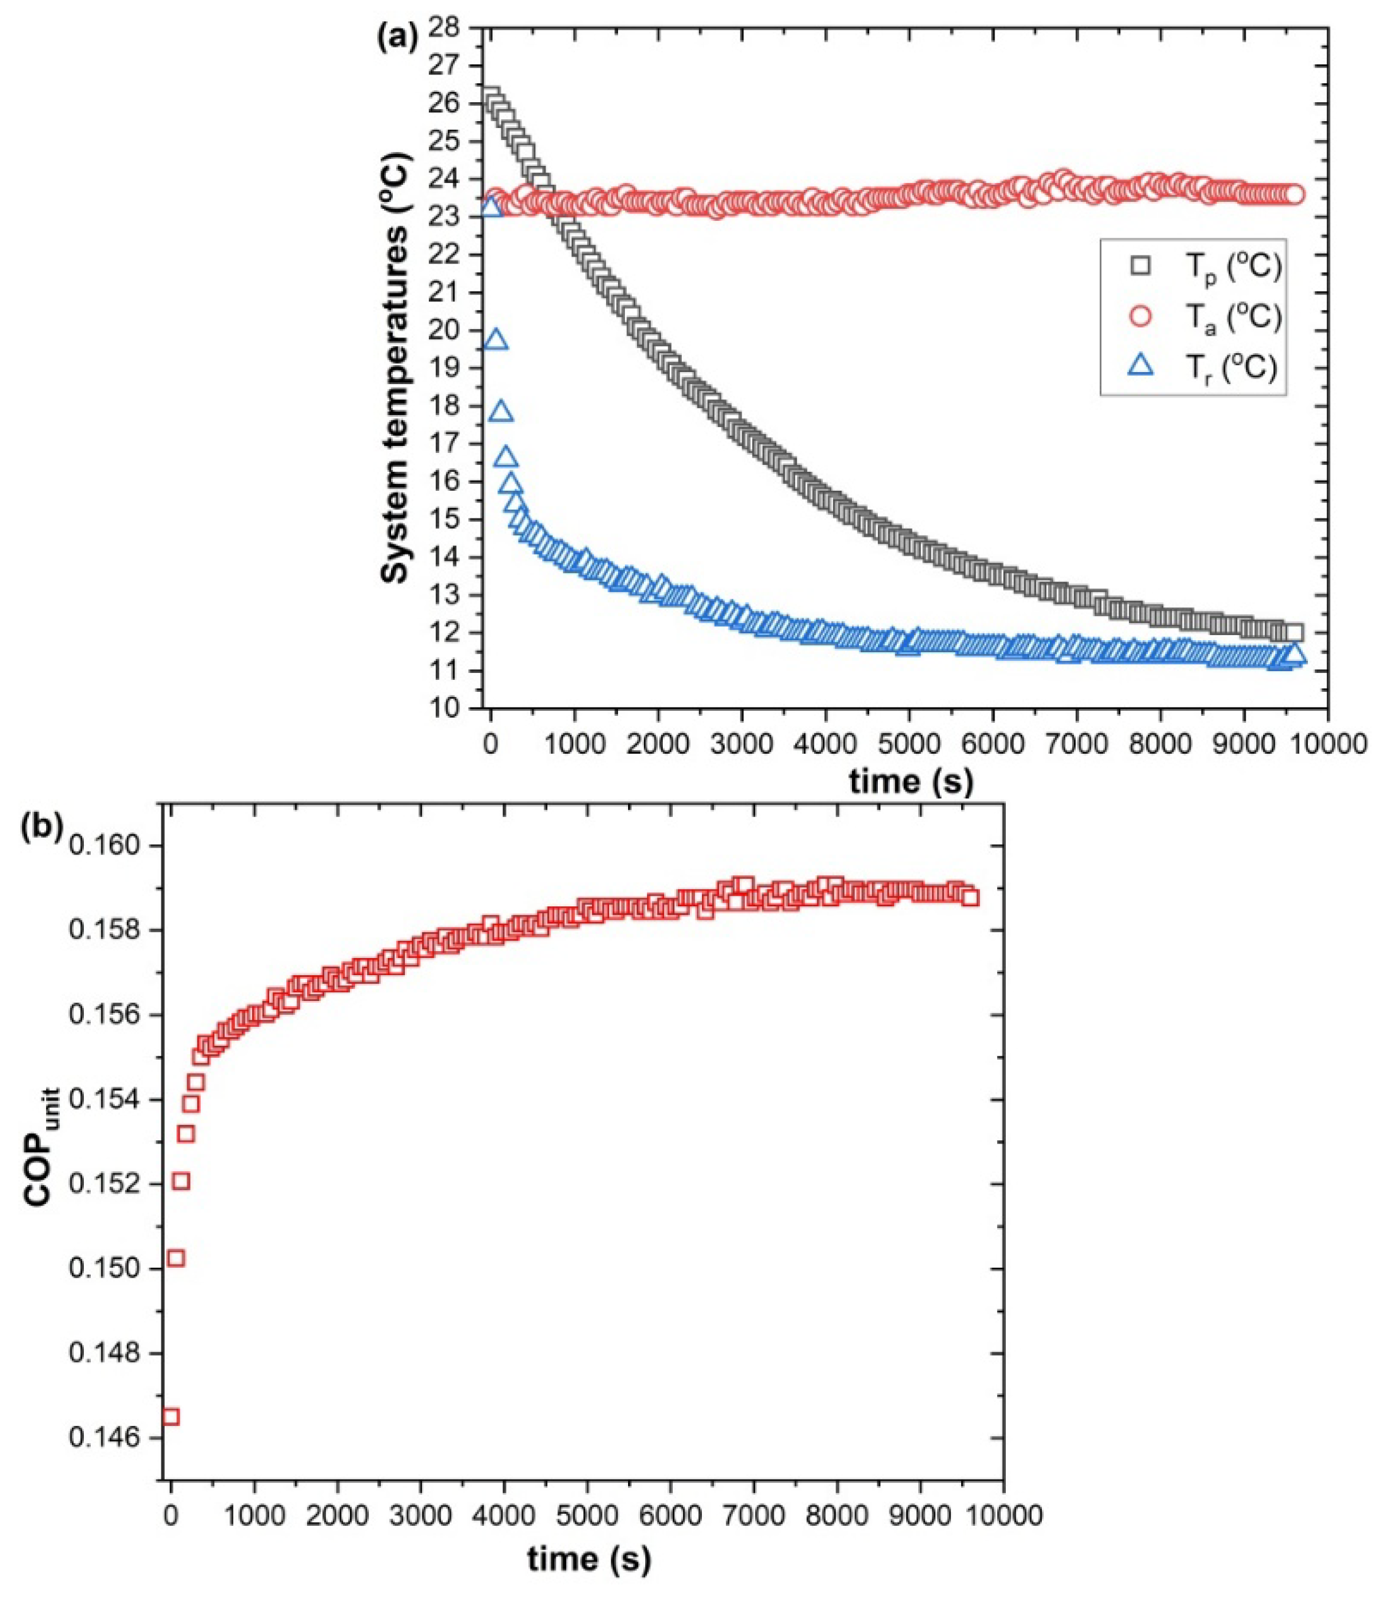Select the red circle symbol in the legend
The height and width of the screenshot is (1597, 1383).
point(1141,317)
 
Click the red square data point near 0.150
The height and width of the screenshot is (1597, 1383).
point(176,1258)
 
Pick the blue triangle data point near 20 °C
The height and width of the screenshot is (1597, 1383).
point(496,341)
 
